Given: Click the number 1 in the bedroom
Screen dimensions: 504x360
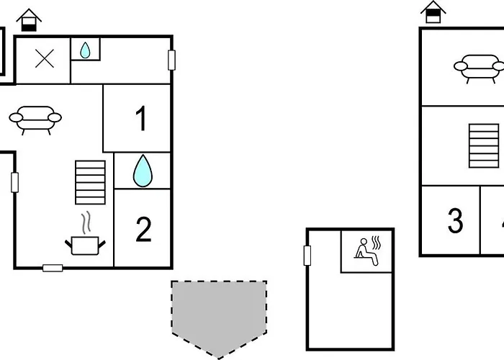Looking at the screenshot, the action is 141,118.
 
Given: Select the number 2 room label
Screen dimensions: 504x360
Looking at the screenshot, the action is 143,229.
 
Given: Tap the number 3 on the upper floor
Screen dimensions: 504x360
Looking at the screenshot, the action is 455,220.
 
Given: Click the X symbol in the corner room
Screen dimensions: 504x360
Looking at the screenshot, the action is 45,59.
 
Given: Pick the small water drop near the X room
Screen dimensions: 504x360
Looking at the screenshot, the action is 85,50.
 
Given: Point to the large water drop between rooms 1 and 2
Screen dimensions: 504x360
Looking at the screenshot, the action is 143,171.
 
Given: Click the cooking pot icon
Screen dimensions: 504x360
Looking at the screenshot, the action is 85,246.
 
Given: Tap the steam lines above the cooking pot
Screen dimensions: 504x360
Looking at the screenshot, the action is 86,222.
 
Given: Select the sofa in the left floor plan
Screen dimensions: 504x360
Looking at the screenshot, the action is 35,120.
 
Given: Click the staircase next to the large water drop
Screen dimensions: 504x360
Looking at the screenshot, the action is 90,182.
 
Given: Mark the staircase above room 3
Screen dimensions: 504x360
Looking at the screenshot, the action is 484,145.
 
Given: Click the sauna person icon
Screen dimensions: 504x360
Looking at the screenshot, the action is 366,252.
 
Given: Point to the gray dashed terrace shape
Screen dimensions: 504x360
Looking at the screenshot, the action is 219,317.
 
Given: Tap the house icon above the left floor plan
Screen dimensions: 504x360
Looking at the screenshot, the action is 29,20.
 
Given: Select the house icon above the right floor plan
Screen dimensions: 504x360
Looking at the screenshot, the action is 433,12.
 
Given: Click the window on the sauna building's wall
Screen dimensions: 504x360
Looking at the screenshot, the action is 307,256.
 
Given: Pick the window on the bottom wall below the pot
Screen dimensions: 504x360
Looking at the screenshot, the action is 53,268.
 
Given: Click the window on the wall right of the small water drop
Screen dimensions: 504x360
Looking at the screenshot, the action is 171,60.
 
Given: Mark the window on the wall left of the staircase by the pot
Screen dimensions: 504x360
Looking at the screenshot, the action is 15,183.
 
